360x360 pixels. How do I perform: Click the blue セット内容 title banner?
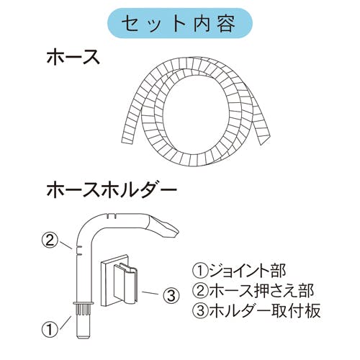(x=180, y=23)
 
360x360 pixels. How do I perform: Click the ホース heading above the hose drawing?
(x=73, y=57)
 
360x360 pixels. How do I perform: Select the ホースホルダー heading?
(x=112, y=189)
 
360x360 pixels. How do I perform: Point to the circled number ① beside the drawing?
(x=50, y=329)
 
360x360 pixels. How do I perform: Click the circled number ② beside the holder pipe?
(x=50, y=240)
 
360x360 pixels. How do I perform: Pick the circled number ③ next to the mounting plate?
(x=171, y=296)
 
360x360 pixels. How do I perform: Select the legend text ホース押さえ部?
(x=261, y=290)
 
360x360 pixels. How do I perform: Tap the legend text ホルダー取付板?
(x=265, y=311)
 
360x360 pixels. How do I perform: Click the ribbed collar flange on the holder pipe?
(x=84, y=308)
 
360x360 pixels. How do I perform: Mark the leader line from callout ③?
(x=150, y=293)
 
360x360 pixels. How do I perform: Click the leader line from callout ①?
(x=65, y=323)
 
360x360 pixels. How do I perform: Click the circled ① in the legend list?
(x=200, y=271)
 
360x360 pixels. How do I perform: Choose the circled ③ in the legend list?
(x=200, y=311)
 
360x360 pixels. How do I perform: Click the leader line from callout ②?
(x=66, y=246)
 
